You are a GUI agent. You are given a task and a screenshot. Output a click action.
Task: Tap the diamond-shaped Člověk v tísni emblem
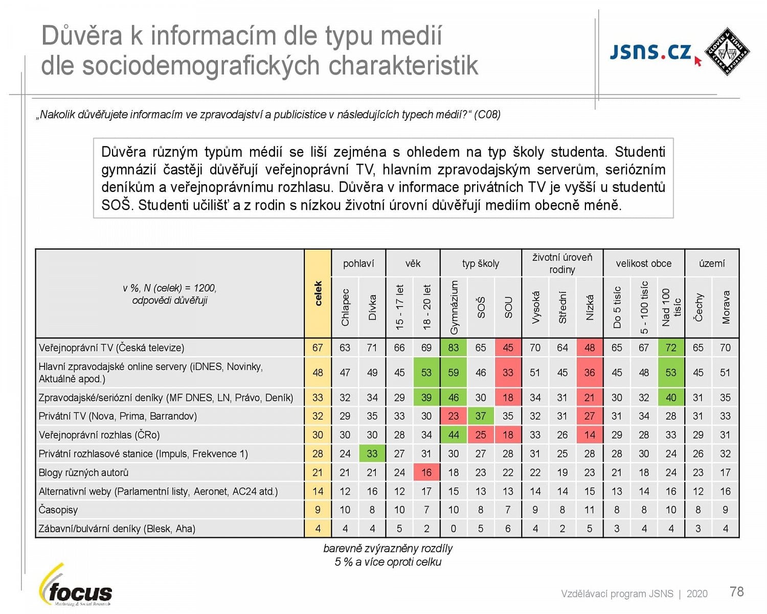pos(727,51)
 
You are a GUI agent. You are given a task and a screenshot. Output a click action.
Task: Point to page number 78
pos(736,592)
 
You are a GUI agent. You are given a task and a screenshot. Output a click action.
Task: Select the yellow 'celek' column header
pos(318,294)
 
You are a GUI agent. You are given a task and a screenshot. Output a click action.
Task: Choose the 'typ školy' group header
pos(480,264)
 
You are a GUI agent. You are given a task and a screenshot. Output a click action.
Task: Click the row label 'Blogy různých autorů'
pos(83,472)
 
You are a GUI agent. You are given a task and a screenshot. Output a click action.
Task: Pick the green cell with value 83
pos(453,347)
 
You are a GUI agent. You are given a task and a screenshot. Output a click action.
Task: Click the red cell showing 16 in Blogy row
pos(426,472)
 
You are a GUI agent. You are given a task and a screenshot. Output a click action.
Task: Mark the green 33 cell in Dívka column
pos(372,453)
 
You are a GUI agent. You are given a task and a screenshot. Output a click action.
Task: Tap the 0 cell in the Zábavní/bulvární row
pos(453,529)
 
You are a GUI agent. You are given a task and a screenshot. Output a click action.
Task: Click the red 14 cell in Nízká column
pos(589,435)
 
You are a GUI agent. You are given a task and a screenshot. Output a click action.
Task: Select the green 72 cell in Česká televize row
pos(671,347)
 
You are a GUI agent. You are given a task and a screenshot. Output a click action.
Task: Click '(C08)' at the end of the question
pos(487,115)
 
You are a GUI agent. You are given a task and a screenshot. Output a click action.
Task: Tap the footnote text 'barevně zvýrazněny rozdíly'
pos(388,549)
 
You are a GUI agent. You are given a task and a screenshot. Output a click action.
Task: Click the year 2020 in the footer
pos(697,594)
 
